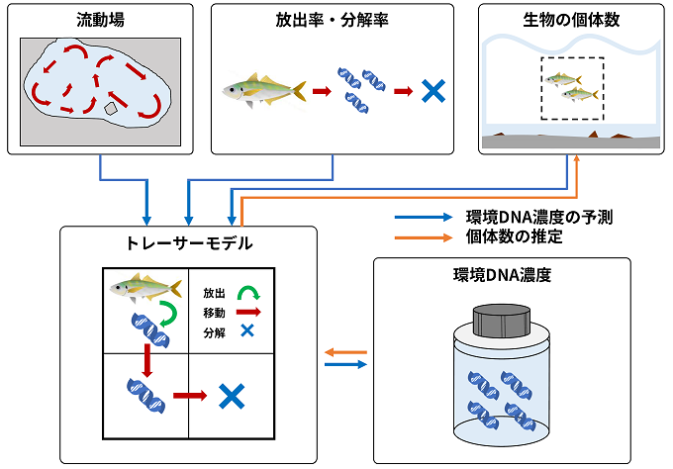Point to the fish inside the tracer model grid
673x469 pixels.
pos(144,288)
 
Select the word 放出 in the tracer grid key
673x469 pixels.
pos(214,294)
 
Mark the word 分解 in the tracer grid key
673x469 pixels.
pos(214,332)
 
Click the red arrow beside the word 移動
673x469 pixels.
pos(249,313)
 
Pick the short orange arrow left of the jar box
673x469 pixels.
pos(345,351)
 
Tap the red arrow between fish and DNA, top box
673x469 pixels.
pos(321,91)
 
